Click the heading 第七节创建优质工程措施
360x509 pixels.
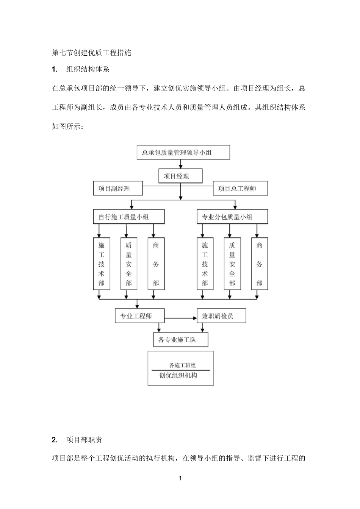click(x=91, y=53)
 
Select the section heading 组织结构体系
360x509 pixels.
click(x=88, y=69)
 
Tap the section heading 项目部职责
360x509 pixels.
click(x=84, y=440)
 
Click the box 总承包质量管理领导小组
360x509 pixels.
click(x=183, y=152)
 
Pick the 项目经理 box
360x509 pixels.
click(x=180, y=176)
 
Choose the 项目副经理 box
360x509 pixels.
click(x=118, y=188)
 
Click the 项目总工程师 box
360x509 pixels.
click(x=240, y=188)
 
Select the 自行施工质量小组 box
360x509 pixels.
click(x=129, y=217)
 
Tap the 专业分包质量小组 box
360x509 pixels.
click(x=232, y=217)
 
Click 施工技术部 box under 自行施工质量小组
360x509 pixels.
click(x=102, y=264)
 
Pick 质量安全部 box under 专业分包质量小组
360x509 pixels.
click(x=232, y=264)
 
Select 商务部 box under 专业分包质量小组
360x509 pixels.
click(x=259, y=264)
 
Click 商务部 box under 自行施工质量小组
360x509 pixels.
click(x=156, y=264)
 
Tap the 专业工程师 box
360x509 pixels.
click(x=139, y=316)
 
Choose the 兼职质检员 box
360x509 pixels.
click(x=221, y=316)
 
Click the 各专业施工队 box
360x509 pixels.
click(x=180, y=339)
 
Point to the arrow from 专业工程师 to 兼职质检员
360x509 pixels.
click(x=180, y=319)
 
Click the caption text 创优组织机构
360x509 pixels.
click(x=178, y=376)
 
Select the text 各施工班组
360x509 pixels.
click(x=183, y=365)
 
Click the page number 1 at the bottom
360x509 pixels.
click(x=180, y=478)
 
